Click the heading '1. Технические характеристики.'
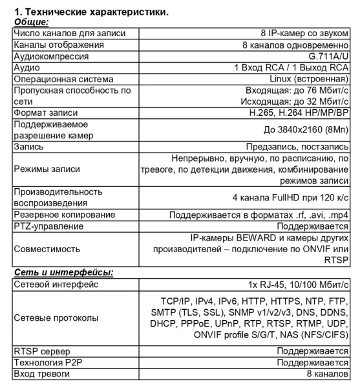88,12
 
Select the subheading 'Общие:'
32,21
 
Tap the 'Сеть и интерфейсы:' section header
63,273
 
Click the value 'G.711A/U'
328,56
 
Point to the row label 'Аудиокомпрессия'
53,56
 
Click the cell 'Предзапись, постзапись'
299,147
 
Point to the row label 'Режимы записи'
47,169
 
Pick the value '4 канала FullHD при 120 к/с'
290,197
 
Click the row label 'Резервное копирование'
65,215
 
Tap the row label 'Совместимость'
47,248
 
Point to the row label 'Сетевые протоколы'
56,318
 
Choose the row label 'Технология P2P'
49,363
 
